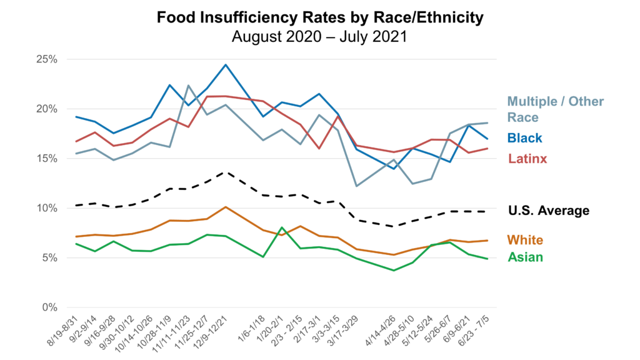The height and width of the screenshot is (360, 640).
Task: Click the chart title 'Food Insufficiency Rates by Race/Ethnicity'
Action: (320, 17)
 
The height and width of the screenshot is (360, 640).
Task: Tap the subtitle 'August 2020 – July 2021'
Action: (319, 36)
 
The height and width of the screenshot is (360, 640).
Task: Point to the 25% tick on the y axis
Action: (46, 59)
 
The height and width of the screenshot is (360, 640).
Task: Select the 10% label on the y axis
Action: (46, 208)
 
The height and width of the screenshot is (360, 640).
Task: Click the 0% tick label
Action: (49, 307)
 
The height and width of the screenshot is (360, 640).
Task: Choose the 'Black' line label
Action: (525, 138)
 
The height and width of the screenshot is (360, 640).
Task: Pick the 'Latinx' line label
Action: (527, 159)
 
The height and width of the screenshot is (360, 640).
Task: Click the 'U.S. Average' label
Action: (548, 211)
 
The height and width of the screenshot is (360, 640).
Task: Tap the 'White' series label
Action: (525, 240)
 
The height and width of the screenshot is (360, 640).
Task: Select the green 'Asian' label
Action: (525, 257)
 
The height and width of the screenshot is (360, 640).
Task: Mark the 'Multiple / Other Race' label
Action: (556, 109)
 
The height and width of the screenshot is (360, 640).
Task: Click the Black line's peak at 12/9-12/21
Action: (226, 64)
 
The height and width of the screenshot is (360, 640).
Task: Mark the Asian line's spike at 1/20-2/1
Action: (282, 227)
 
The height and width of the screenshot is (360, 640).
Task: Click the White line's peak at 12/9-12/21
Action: (226, 207)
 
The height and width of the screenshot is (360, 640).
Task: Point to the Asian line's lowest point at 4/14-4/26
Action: (393, 271)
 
